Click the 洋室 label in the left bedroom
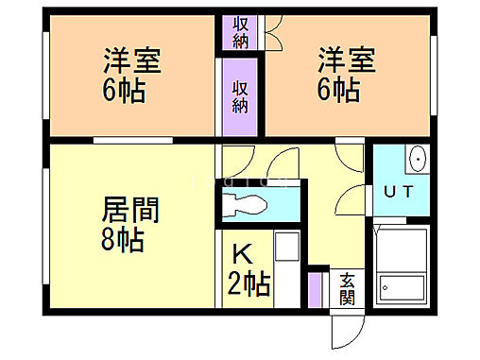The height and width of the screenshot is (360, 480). click(132, 62)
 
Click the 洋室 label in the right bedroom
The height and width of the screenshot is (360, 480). click(346, 62)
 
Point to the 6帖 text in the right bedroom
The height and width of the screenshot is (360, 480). click(338, 92)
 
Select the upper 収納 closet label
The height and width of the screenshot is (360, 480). click(241, 30)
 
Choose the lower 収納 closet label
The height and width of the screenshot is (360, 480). click(241, 98)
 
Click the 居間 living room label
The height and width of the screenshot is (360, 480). click(130, 210)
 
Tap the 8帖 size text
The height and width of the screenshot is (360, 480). click(121, 240)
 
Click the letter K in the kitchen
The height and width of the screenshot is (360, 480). click(242, 253)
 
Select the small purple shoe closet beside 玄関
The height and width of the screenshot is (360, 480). click(316, 289)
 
